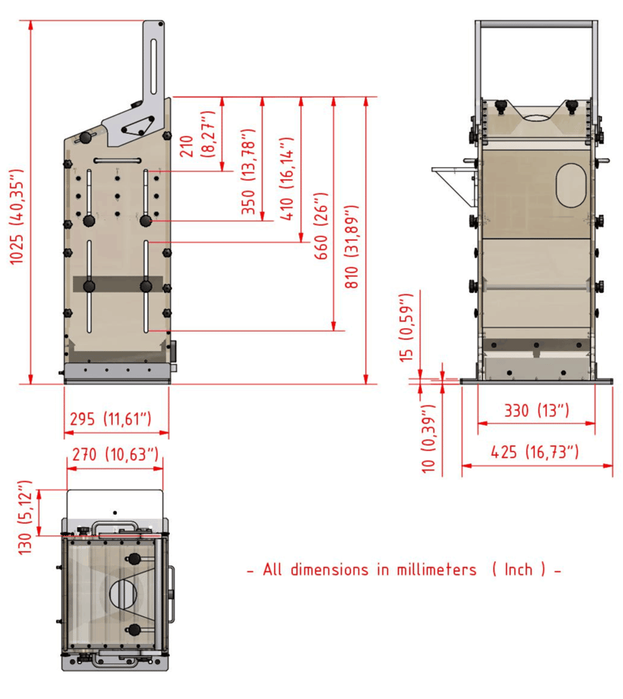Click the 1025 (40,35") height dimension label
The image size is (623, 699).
[x=16, y=217]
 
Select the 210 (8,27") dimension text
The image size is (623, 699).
[x=198, y=135]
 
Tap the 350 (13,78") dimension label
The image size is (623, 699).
[x=248, y=172]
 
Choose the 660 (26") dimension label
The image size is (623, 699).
[x=321, y=226]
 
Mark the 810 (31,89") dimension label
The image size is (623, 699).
[x=351, y=247]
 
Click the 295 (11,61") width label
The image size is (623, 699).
[x=110, y=419]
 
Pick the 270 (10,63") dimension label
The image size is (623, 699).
[x=115, y=455]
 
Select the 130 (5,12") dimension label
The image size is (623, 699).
[x=25, y=517]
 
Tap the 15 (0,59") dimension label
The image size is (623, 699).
[x=406, y=328]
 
